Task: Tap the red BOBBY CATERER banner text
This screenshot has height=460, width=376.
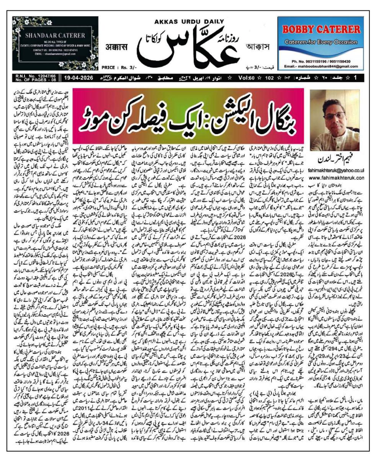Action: (x=324, y=29)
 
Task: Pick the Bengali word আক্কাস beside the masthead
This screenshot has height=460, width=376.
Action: (x=257, y=49)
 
